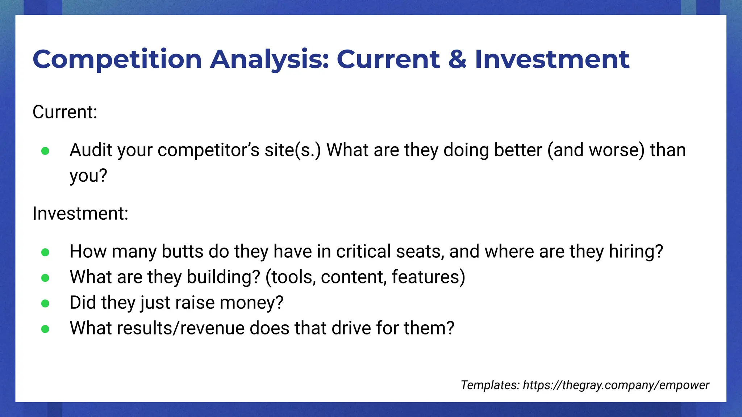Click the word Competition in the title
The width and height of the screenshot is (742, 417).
pyautogui.click(x=117, y=60)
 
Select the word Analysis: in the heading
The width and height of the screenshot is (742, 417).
pyautogui.click(x=270, y=60)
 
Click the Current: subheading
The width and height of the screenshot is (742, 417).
pyautogui.click(x=65, y=112)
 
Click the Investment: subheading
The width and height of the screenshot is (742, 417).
pyautogui.click(x=80, y=214)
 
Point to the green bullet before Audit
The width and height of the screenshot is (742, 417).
pyautogui.click(x=45, y=151)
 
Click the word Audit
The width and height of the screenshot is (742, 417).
pyautogui.click(x=91, y=150)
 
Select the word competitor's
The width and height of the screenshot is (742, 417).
pyautogui.click(x=208, y=150)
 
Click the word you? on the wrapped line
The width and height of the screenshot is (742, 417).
pyautogui.click(x=88, y=176)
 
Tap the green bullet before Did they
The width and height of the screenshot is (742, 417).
pyautogui.click(x=45, y=303)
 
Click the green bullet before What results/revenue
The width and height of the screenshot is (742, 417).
pyautogui.click(x=45, y=329)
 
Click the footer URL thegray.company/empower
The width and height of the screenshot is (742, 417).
pyautogui.click(x=616, y=385)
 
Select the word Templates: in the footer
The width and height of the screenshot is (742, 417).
pyautogui.click(x=490, y=385)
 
